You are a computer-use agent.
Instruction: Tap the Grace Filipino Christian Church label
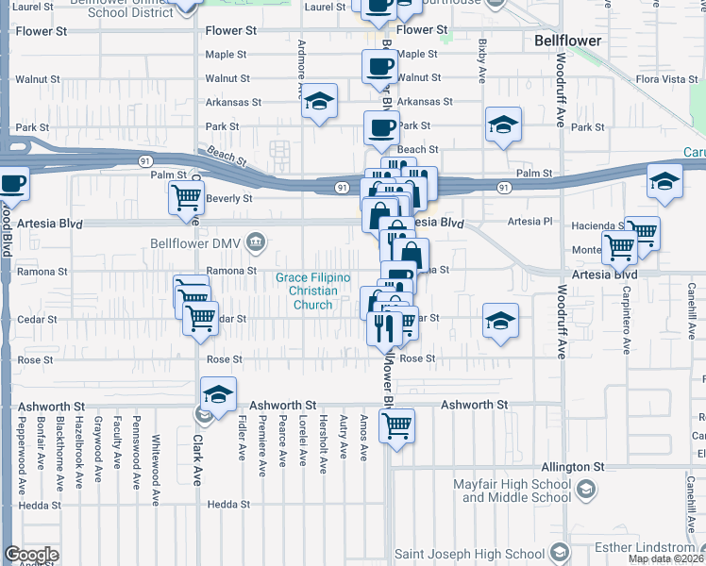click(312, 291)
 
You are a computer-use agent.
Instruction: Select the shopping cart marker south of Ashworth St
click(397, 426)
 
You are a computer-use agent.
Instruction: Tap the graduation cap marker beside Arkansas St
click(320, 101)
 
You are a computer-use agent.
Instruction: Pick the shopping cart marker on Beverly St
click(186, 197)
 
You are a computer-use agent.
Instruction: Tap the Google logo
click(31, 556)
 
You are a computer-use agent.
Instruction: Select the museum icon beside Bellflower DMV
click(254, 243)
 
